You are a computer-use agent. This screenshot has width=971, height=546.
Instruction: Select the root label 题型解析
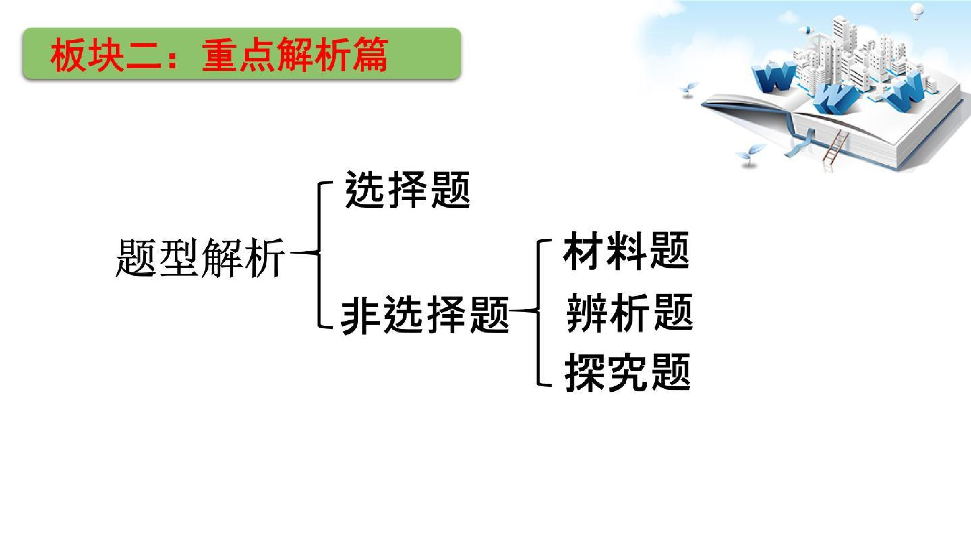point(200,258)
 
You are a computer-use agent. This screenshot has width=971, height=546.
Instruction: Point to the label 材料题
point(626,251)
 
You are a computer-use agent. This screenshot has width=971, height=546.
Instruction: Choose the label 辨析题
point(630,313)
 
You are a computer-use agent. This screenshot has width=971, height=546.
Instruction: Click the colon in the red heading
point(173,57)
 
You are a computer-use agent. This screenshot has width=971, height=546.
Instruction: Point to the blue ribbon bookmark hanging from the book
point(801,141)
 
